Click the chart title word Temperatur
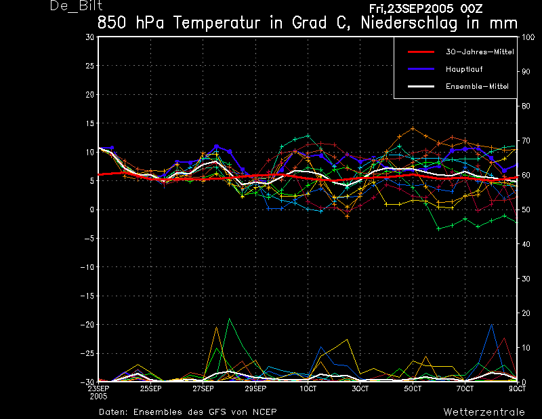216,23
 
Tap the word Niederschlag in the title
409,24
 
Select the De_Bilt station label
76,6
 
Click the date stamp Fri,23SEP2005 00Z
425,8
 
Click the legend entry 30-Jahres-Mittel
480,52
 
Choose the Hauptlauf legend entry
464,69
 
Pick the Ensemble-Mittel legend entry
477,87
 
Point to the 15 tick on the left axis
90,123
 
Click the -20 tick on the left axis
87,325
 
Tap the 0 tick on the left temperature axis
92,209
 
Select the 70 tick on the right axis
526,140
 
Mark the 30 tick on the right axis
526,279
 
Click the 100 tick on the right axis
528,37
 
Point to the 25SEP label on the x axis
150,388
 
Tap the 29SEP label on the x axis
255,388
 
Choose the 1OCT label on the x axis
308,388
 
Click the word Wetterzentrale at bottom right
484,412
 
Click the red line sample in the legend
421,52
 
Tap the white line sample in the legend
421,87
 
